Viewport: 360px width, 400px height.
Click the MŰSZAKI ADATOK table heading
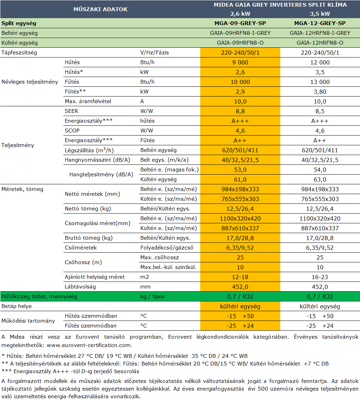[101, 9]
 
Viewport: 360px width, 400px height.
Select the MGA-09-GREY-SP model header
[240, 23]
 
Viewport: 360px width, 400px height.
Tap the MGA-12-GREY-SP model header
[320, 23]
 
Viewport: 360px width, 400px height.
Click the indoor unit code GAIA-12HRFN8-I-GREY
[320, 33]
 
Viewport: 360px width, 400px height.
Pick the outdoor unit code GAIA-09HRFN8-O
[240, 43]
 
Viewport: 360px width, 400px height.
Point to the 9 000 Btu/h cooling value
[240, 62]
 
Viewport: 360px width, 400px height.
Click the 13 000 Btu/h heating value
[320, 82]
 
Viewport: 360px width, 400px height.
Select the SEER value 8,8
[240, 111]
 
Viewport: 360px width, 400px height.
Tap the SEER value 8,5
[320, 111]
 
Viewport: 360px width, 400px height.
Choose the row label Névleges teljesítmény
[30, 82]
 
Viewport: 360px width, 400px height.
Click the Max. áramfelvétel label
[88, 101]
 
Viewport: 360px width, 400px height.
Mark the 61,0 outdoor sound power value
[240, 179]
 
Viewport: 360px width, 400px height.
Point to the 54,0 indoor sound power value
[320, 170]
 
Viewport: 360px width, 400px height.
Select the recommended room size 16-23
[320, 277]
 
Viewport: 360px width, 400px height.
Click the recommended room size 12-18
[240, 277]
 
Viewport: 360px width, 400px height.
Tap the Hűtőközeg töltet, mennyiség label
[39, 297]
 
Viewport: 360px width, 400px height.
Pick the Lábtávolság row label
[80, 287]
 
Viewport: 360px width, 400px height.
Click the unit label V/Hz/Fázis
[155, 53]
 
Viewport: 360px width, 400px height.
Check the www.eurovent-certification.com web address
[89, 345]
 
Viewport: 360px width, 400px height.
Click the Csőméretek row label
[81, 248]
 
